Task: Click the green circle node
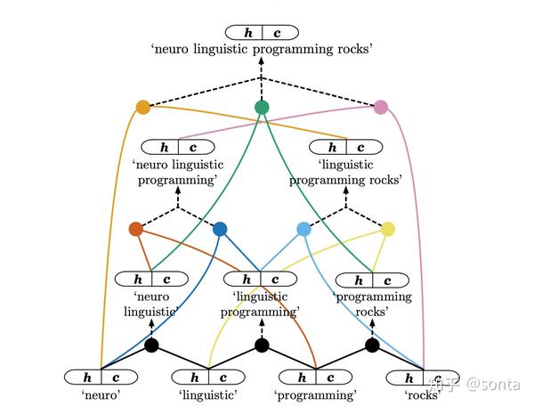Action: [262, 108]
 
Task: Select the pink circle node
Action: [381, 108]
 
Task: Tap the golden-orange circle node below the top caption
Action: [143, 108]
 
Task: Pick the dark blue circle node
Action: [220, 229]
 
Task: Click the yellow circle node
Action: [387, 229]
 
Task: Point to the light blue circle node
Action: [303, 229]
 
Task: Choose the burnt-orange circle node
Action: [135, 229]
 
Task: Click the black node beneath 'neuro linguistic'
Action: [151, 345]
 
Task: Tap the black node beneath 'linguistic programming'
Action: [262, 345]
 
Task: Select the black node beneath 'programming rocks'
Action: [372, 345]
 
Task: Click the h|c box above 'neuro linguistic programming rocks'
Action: [262, 33]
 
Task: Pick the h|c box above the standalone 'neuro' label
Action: [101, 377]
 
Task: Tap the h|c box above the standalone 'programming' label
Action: [316, 377]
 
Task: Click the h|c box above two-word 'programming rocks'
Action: [372, 280]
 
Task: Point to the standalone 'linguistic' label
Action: [207, 394]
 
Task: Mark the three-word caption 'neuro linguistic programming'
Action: [177, 172]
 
